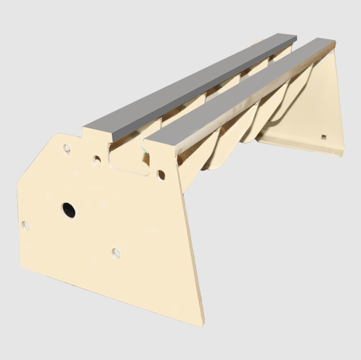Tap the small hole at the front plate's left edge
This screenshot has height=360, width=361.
[x=26, y=225]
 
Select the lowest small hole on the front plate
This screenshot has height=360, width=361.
[x=116, y=253]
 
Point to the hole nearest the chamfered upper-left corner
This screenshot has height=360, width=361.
[x=66, y=148]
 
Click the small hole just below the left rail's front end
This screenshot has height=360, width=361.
[x=97, y=157]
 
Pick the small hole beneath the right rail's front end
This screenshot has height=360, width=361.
[x=161, y=174]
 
